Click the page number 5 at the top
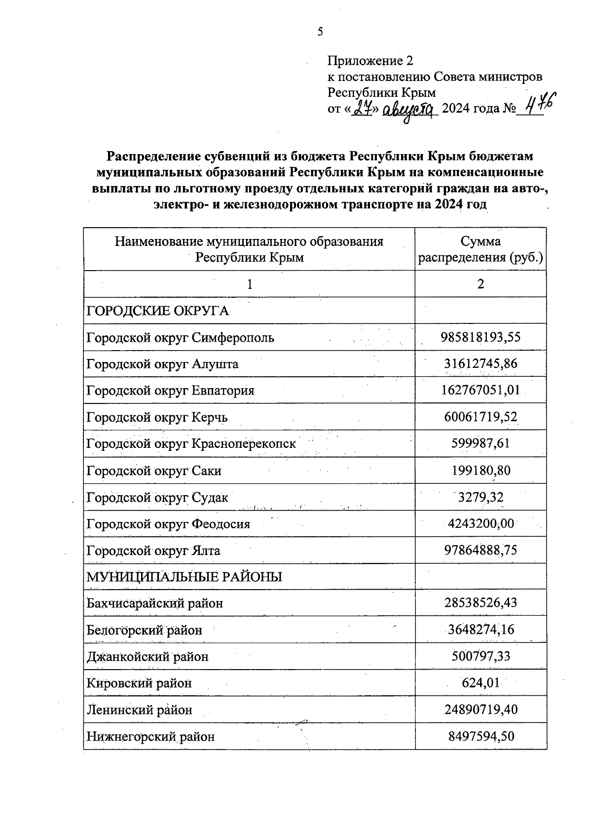[320, 32]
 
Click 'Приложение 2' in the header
[370, 61]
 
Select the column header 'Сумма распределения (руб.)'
[481, 249]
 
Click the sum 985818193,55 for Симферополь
[481, 338]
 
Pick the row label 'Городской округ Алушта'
[162, 364]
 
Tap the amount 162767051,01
[481, 391]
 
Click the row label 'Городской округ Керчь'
[157, 418]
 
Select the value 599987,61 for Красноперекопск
[481, 443]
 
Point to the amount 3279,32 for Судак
[481, 497]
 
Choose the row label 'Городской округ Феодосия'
[168, 524]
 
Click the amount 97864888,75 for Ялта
[481, 550]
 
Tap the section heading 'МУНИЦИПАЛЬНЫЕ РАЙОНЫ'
[185, 577]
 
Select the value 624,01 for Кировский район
[481, 683]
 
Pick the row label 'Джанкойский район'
[148, 657]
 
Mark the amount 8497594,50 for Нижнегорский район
[481, 737]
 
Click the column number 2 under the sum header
[481, 284]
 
